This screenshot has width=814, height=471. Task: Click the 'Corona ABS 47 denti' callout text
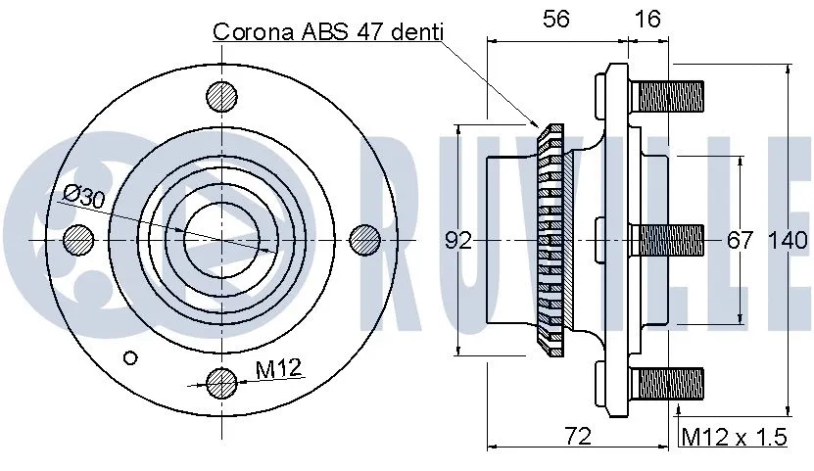(328, 31)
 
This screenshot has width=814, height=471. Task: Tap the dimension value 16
(647, 18)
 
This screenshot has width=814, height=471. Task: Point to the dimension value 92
(458, 240)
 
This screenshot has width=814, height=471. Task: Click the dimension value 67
(740, 240)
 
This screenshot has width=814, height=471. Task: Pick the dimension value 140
(788, 240)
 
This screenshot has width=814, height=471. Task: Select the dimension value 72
(580, 437)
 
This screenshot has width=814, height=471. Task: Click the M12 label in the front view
(279, 369)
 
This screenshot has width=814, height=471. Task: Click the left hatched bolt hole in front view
(78, 238)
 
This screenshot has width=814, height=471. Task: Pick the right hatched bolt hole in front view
(365, 238)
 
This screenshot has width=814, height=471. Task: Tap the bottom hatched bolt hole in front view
(222, 381)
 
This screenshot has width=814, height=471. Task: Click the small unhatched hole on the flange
(127, 355)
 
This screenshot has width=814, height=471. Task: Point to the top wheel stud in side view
(668, 96)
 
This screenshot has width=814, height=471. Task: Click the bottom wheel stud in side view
(668, 381)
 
